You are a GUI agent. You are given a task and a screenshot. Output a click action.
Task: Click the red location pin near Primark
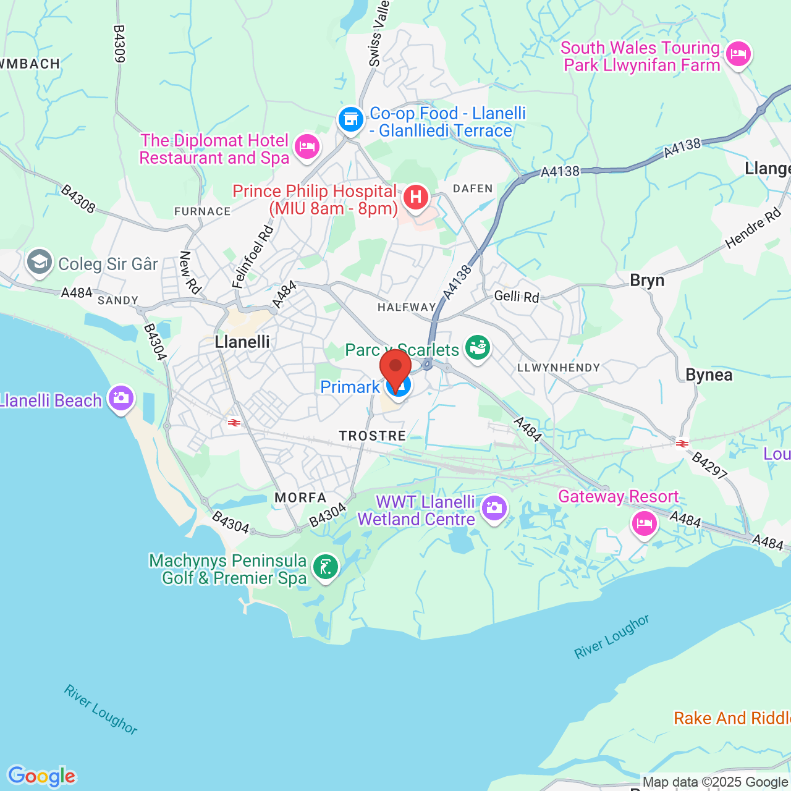pyautogui.click(x=395, y=368)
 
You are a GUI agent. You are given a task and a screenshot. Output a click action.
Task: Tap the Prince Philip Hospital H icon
pyautogui.click(x=416, y=198)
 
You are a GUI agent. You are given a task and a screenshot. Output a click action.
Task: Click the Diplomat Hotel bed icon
pyautogui.click(x=307, y=147)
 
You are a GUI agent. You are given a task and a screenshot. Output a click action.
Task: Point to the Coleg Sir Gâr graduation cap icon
pyautogui.click(x=40, y=263)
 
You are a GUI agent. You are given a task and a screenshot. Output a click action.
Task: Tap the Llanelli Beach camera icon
pyautogui.click(x=121, y=397)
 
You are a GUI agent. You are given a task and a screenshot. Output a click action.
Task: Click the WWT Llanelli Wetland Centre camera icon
pyautogui.click(x=494, y=509)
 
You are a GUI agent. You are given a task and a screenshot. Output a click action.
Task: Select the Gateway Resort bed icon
pyautogui.click(x=644, y=524)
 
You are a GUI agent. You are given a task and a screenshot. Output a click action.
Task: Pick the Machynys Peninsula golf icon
pyautogui.click(x=326, y=567)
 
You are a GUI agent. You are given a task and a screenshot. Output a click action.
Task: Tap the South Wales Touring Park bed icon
pyautogui.click(x=738, y=54)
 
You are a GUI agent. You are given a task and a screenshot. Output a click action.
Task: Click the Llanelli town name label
pyautogui.click(x=242, y=342)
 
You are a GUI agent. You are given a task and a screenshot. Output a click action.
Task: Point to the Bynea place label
pyautogui.click(x=709, y=375)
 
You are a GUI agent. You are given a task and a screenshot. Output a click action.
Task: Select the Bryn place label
pyautogui.click(x=647, y=281)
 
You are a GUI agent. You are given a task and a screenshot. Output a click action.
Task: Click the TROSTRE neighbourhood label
pyautogui.click(x=373, y=436)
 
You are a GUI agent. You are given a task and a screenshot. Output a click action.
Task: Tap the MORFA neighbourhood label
pyautogui.click(x=300, y=497)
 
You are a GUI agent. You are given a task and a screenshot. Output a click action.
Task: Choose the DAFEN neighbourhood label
pyautogui.click(x=473, y=188)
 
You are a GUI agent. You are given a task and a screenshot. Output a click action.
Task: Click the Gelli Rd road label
pyautogui.click(x=517, y=297)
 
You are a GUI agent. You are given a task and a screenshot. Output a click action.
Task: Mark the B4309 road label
pyautogui.click(x=119, y=43)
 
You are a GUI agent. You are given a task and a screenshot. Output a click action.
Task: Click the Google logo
pyautogui.click(x=42, y=776)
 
